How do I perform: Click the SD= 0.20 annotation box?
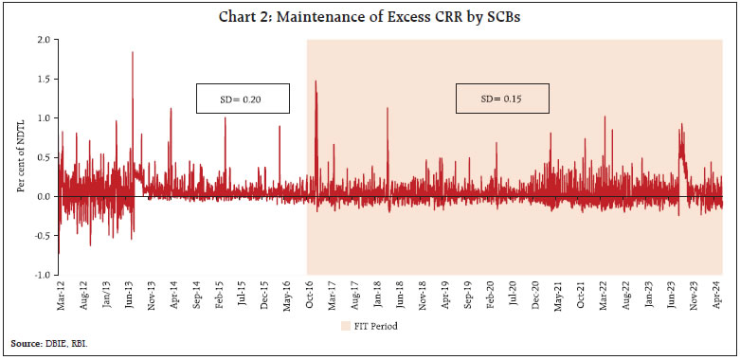[x=243, y=99]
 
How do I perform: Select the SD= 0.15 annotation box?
[x=503, y=99]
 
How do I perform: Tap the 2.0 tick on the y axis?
[x=44, y=40]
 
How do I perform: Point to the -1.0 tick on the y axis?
[x=43, y=275]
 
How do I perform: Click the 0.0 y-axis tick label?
[x=44, y=196]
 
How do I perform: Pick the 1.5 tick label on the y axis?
[x=44, y=79]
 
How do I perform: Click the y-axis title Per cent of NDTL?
[x=21, y=157]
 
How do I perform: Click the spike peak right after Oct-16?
[x=315, y=81]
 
